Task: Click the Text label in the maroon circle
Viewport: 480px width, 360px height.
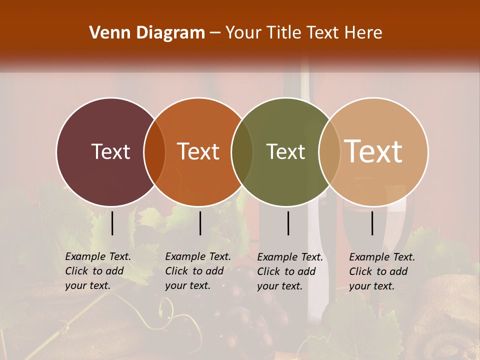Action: pyautogui.click(x=110, y=151)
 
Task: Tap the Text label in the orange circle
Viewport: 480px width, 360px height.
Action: pyautogui.click(x=198, y=151)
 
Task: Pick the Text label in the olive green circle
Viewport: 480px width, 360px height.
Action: pyautogui.click(x=285, y=151)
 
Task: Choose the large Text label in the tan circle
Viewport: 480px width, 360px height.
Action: pyautogui.click(x=373, y=151)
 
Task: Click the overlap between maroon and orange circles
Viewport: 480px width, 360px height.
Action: pyautogui.click(x=154, y=152)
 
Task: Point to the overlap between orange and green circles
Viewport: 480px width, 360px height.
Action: pyautogui.click(x=242, y=152)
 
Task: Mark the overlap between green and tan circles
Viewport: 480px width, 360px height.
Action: pyautogui.click(x=329, y=152)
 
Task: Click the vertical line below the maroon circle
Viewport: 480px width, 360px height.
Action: pyautogui.click(x=112, y=223)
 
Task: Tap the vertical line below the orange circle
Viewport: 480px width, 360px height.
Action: pyautogui.click(x=200, y=223)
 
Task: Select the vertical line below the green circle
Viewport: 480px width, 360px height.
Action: pyautogui.click(x=288, y=223)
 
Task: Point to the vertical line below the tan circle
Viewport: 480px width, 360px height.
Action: pyautogui.click(x=372, y=223)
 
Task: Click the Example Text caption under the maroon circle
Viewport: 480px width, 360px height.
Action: pyautogui.click(x=97, y=271)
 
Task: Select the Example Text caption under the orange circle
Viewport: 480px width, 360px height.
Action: pyautogui.click(x=197, y=271)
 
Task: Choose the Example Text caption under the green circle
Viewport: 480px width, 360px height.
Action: pyautogui.click(x=289, y=271)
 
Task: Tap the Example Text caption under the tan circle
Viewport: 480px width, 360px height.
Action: pyautogui.click(x=381, y=271)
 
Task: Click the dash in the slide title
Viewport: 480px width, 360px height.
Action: pyautogui.click(x=215, y=33)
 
